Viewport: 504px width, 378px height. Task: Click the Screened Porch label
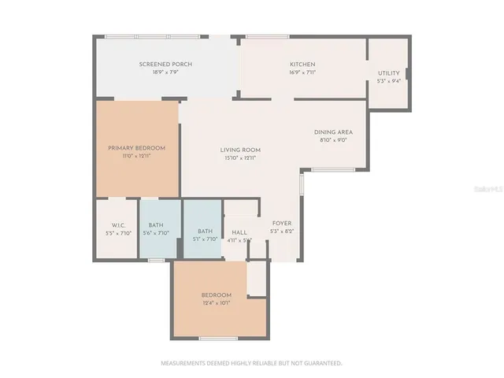coord(165,65)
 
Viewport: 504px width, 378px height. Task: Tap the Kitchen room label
coord(302,65)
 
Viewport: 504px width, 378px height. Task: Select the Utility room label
coord(388,73)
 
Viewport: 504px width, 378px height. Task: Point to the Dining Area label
coord(333,132)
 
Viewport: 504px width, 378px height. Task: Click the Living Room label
coord(239,150)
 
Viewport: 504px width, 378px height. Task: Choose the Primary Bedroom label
coord(136,148)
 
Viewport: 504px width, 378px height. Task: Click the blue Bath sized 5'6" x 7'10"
coord(156,226)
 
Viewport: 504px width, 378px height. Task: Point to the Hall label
coord(239,233)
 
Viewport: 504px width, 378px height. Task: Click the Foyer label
coord(282,224)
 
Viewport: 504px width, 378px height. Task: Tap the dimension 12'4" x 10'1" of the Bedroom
coord(216,302)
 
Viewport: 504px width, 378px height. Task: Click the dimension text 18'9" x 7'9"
coord(165,72)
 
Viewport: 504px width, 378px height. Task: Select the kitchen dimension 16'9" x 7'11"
coord(302,72)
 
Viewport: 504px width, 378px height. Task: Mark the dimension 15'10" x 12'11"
coord(239,157)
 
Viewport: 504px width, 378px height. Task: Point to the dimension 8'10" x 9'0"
coord(333,140)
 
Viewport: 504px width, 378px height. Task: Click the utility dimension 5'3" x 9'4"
coord(388,80)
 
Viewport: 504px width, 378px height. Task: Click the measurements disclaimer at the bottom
coord(251,363)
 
